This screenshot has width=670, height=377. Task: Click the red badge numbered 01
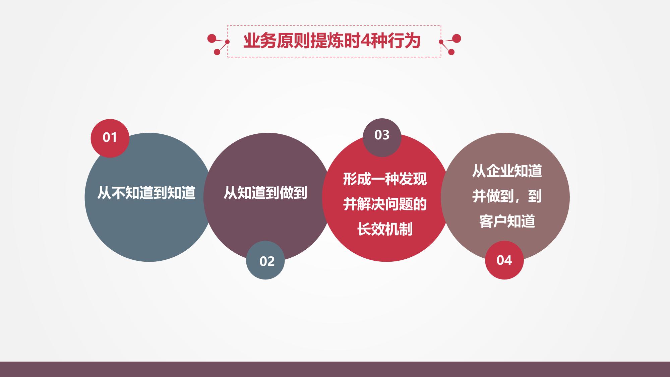(110, 138)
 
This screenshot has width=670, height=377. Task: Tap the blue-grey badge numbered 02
(265, 260)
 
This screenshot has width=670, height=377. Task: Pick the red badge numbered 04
(504, 260)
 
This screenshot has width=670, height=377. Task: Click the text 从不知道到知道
(146, 193)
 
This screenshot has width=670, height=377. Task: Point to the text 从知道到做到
(265, 193)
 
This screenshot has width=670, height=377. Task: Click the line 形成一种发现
(385, 179)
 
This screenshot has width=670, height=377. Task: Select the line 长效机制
(385, 230)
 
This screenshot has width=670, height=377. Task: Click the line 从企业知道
(507, 171)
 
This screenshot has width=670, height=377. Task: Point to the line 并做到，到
(507, 196)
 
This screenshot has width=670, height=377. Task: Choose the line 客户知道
(507, 221)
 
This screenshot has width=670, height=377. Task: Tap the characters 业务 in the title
(260, 41)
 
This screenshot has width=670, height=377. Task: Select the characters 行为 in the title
(404, 41)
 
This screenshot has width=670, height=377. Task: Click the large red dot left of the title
(211, 39)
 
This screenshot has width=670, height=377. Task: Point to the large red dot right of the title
(456, 39)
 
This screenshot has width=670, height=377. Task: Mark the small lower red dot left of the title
(217, 52)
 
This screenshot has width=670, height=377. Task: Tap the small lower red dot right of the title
(451, 52)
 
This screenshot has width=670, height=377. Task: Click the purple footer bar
(335, 369)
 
